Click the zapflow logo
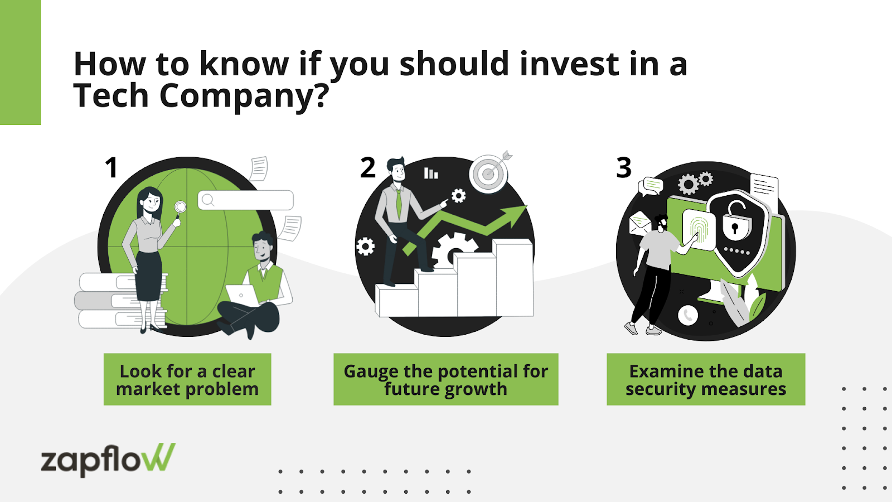tap(108, 460)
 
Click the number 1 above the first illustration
tap(111, 168)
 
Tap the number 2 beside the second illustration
tap(368, 168)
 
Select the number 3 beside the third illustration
tap(624, 168)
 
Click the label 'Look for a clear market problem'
tap(187, 379)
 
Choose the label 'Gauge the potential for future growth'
tap(446, 379)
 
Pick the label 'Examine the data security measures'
tap(706, 379)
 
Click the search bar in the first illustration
tap(246, 200)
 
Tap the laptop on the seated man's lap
tap(242, 295)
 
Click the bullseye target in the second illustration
tap(489, 173)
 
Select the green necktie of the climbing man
tap(399, 204)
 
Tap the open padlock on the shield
tap(736, 219)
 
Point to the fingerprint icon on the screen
tap(699, 229)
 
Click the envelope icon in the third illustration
tap(639, 224)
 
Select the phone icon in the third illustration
tap(688, 316)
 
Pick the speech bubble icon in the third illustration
tap(651, 186)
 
